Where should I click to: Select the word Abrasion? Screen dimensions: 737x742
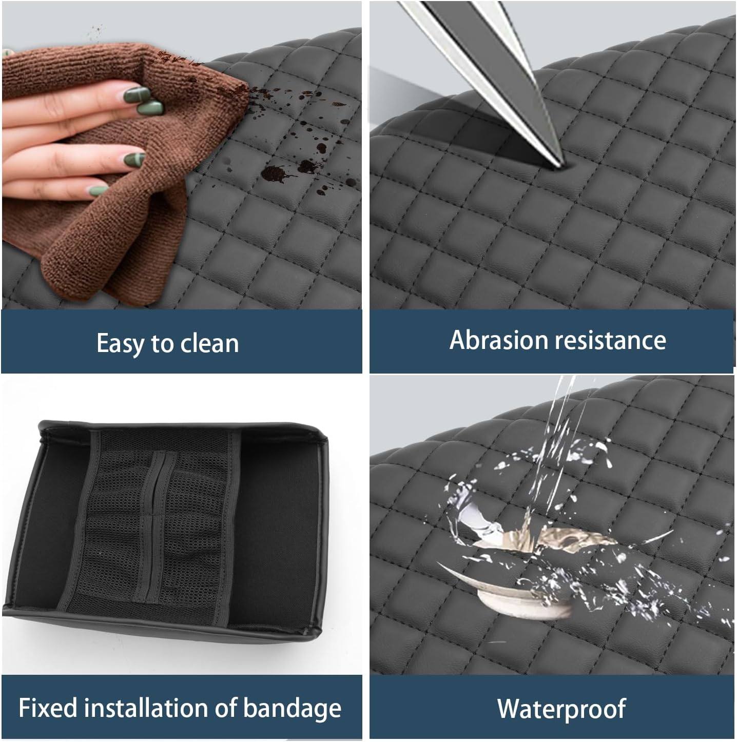click(x=499, y=340)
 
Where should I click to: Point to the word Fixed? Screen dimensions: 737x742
click(x=48, y=709)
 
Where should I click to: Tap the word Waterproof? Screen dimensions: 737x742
click(x=561, y=710)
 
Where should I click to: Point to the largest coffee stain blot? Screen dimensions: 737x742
click(x=274, y=174)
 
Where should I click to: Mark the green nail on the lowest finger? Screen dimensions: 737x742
click(x=98, y=190)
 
